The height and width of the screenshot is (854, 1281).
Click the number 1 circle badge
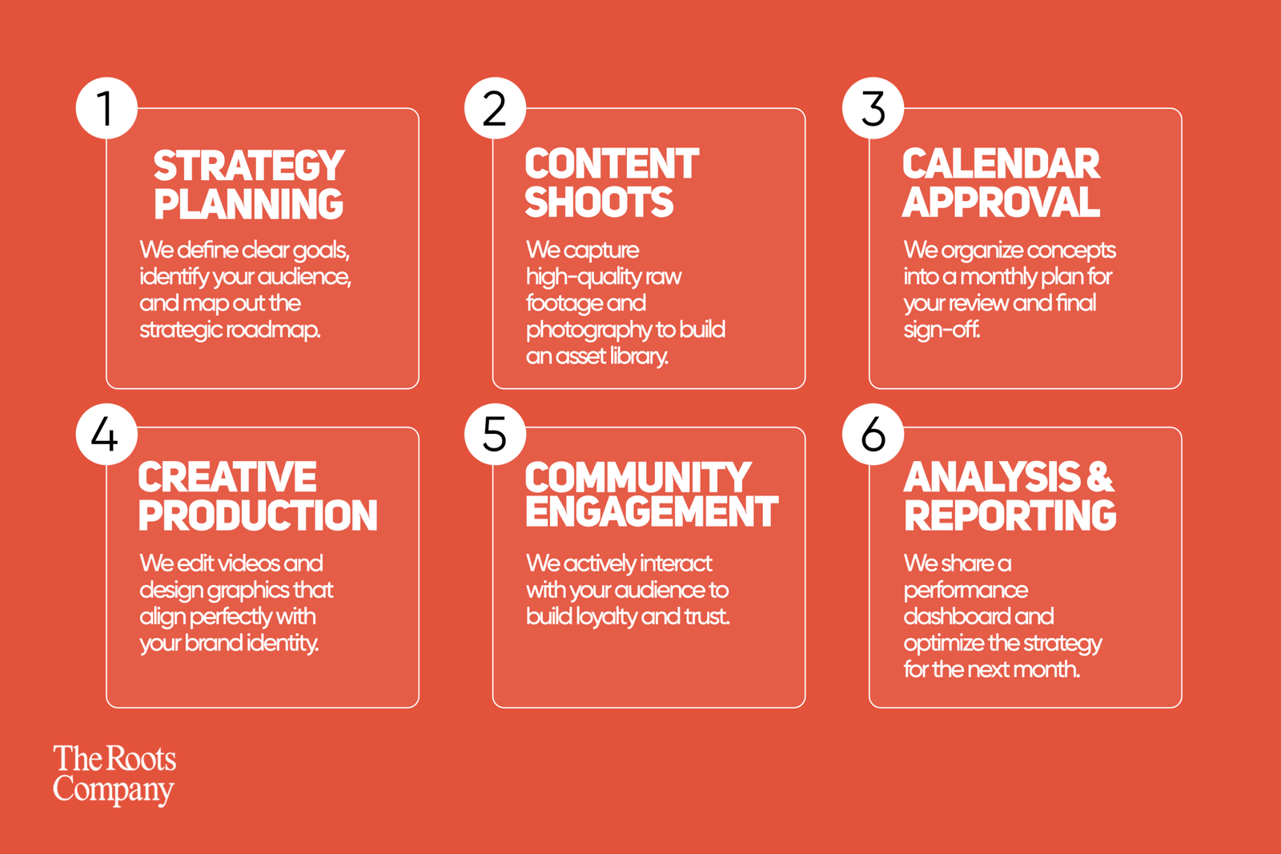[x=106, y=108]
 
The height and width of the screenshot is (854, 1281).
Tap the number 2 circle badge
[x=495, y=108]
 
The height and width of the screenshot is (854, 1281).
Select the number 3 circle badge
[x=873, y=108]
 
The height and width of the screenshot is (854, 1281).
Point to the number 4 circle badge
[x=106, y=435]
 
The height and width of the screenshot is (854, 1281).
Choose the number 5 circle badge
[x=495, y=435]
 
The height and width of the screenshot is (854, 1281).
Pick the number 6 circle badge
[x=873, y=435]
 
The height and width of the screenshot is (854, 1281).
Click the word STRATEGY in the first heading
[x=249, y=166]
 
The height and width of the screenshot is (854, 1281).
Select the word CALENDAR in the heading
[x=1001, y=164]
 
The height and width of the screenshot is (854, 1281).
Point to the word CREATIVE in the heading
[x=227, y=477]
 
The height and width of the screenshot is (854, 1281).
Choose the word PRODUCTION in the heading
[x=258, y=515]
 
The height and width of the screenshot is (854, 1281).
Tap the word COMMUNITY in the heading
[x=638, y=477]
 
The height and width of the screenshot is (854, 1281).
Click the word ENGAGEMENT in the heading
[x=652, y=511]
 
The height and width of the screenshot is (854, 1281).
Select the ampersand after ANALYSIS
[x=1100, y=477]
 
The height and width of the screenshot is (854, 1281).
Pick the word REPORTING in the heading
[x=1010, y=515]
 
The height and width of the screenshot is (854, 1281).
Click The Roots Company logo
[x=114, y=775]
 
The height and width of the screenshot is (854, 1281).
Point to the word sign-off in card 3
[x=942, y=330]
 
